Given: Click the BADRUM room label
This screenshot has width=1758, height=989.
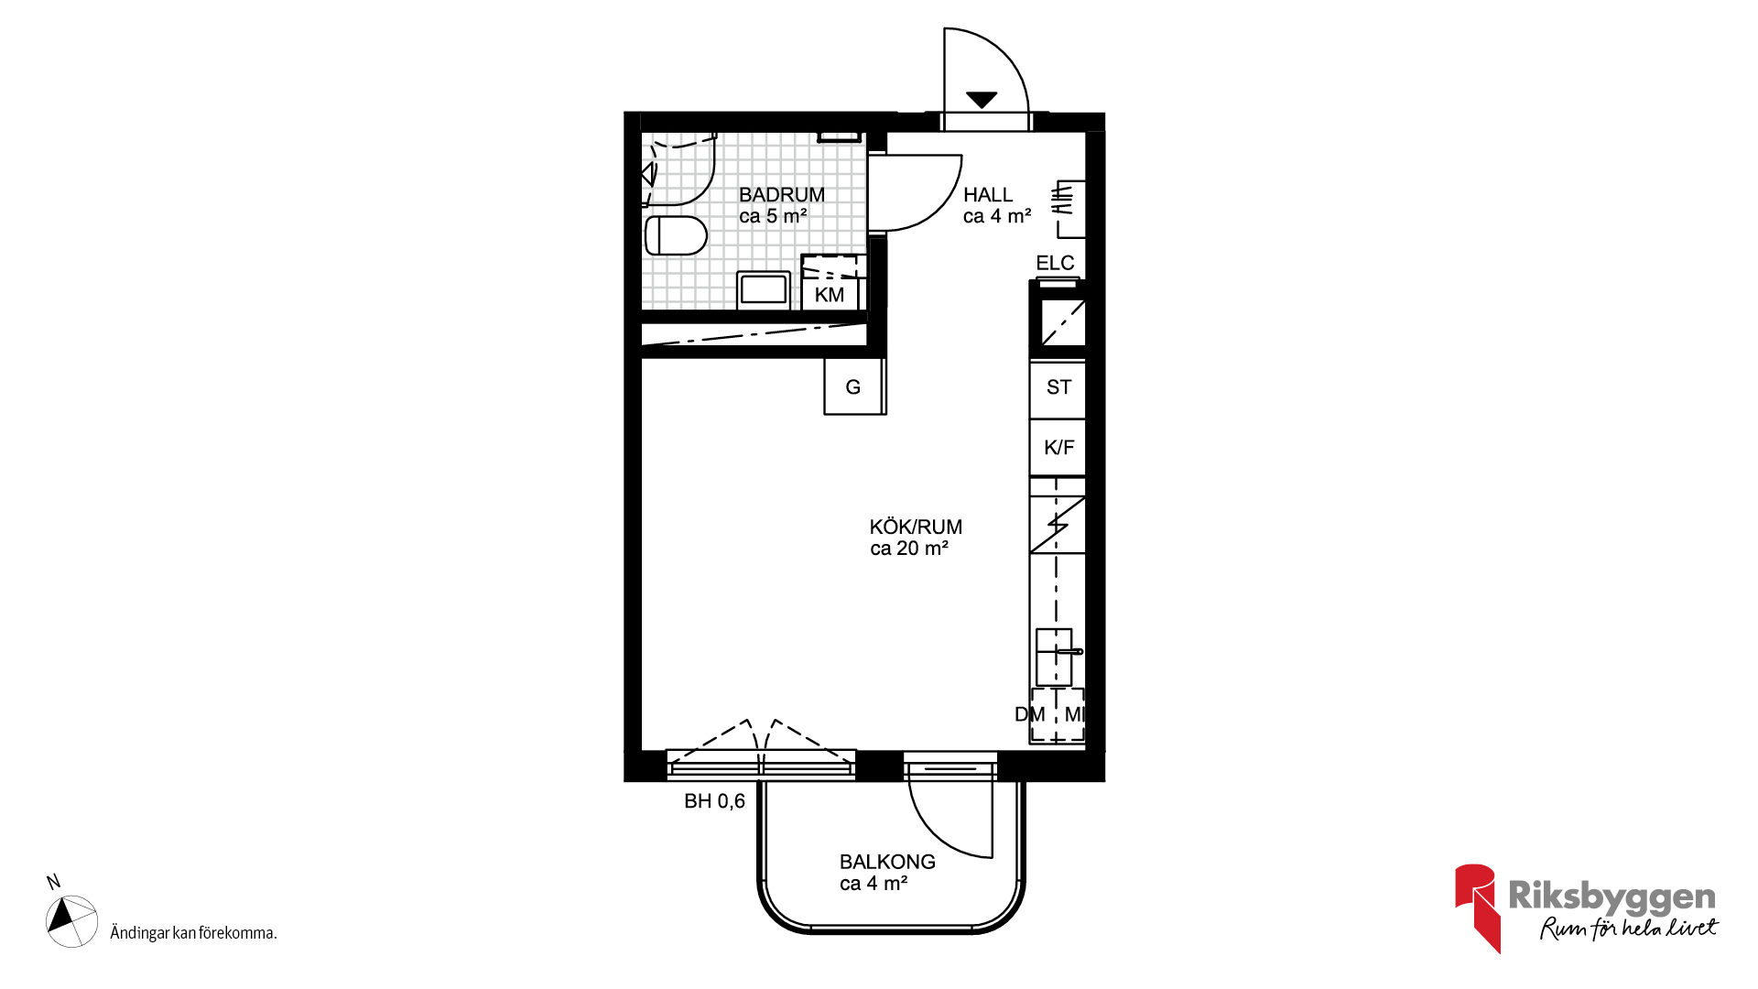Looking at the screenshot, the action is [x=782, y=195].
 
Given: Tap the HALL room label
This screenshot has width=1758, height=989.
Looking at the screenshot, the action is [x=988, y=195].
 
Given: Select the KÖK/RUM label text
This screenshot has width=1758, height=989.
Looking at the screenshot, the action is [x=916, y=527].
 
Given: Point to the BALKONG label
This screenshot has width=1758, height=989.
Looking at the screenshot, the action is [x=887, y=862].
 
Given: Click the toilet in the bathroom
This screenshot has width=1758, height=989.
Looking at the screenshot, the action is [x=676, y=235].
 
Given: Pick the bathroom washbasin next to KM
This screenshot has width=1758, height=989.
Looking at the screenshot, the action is [x=764, y=289].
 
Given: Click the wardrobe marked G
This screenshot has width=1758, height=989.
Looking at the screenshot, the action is [x=854, y=386].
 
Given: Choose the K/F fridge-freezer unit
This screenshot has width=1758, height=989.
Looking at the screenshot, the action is [x=1058, y=448].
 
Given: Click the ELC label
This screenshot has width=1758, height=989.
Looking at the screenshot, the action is [x=1055, y=264].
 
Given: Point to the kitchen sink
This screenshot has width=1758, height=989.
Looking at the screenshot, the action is [x=1055, y=657].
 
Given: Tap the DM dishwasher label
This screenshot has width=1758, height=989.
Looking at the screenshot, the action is [x=1030, y=714].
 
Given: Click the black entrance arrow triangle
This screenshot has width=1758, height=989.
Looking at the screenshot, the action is [x=982, y=100].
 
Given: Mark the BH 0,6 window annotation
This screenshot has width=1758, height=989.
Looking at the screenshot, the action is [x=715, y=801].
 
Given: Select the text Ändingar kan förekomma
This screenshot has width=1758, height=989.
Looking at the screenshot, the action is [x=193, y=933].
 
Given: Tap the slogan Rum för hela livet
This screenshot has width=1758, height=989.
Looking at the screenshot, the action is [x=1629, y=928].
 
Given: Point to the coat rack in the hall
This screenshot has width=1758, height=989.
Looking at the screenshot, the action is [x=1069, y=209].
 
